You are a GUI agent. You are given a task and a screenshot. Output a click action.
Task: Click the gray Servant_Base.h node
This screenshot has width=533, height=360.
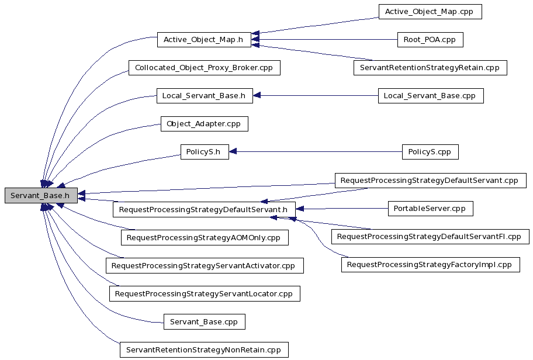pos(41,195)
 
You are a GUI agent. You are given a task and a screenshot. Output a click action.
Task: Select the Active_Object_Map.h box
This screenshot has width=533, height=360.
pos(204,40)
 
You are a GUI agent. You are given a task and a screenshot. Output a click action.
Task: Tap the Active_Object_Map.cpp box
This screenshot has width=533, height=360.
pos(430,12)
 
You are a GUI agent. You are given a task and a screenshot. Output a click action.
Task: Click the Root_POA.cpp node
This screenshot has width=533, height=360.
pos(430,40)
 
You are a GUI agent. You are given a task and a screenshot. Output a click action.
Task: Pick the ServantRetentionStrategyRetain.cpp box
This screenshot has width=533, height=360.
pos(430,68)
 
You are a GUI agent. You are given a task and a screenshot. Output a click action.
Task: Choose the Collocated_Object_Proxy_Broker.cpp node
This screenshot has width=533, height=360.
pos(205,68)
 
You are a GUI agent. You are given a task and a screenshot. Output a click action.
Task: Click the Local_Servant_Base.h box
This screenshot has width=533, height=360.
pos(205,96)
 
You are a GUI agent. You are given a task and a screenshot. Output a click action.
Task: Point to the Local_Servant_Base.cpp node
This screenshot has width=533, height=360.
pos(431,96)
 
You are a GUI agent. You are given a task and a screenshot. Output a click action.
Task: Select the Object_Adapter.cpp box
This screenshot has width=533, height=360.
pos(205,124)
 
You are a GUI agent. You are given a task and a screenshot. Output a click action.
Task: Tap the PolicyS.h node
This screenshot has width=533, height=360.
pos(205,152)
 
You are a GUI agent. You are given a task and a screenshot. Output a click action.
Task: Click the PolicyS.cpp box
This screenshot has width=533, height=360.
pos(430,152)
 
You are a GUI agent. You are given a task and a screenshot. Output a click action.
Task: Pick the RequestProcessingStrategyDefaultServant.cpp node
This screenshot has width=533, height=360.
pos(430,181)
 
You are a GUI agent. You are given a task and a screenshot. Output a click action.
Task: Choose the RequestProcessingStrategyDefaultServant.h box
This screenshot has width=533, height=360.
pos(205,209)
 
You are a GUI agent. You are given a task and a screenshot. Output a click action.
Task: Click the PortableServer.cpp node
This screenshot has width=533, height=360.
pos(430,209)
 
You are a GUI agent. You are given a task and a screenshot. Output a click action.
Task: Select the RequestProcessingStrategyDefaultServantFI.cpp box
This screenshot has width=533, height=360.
pos(430,237)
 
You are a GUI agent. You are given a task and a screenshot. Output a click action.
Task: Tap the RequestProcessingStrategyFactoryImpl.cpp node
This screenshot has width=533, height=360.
pos(431,265)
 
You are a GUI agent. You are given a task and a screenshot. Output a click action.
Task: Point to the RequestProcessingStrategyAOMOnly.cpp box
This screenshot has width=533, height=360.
pos(205,238)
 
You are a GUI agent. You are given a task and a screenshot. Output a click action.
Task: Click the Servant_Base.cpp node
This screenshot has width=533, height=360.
pos(205,322)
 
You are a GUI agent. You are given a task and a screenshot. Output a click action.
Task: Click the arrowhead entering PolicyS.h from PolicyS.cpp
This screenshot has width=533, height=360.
pos(233,152)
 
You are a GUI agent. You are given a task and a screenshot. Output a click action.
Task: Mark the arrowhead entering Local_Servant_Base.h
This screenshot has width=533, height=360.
pos(257,96)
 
